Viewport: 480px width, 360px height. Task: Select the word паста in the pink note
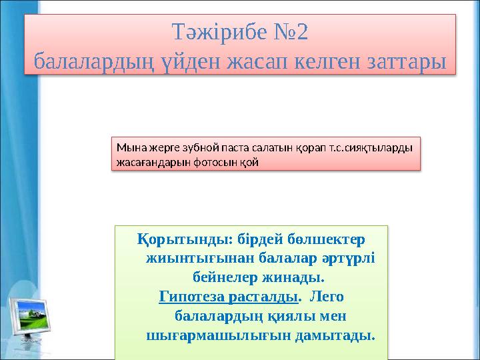point(227,146)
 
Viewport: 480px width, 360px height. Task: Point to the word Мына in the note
point(128,146)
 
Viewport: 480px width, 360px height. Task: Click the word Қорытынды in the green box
point(177,238)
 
